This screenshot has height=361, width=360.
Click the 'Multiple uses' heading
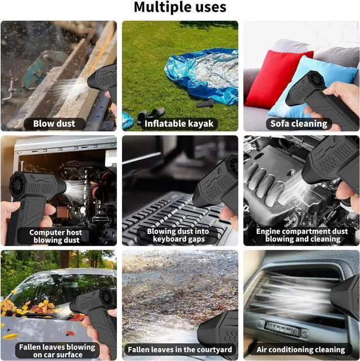[180, 7]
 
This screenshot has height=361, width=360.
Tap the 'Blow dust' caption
[54, 124]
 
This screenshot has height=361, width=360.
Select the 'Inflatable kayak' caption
[179, 124]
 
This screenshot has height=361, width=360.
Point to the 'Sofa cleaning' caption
[299, 124]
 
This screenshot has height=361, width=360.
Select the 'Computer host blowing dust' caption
[56, 236]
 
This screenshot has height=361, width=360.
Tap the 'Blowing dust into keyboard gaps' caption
[178, 235]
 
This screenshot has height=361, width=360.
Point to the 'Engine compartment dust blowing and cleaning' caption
[302, 235]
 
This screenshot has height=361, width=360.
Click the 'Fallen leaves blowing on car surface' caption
[57, 351]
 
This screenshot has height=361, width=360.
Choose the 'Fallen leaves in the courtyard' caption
[180, 350]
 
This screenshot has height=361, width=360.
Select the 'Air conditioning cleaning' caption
[301, 350]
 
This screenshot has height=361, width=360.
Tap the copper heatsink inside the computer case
[62, 212]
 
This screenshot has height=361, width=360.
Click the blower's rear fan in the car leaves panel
[107, 297]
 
